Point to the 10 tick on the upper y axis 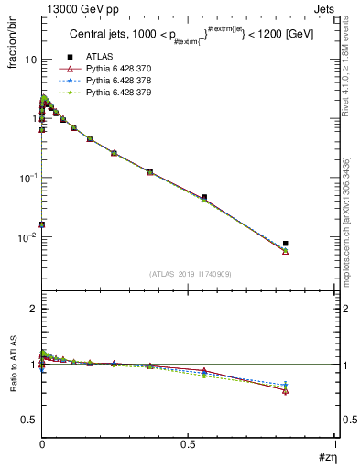click(x=30, y=60)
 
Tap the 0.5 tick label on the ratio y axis click(x=29, y=420)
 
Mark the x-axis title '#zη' click(x=327, y=457)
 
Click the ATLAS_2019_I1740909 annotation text click(x=189, y=274)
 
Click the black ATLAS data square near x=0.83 click(x=286, y=244)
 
